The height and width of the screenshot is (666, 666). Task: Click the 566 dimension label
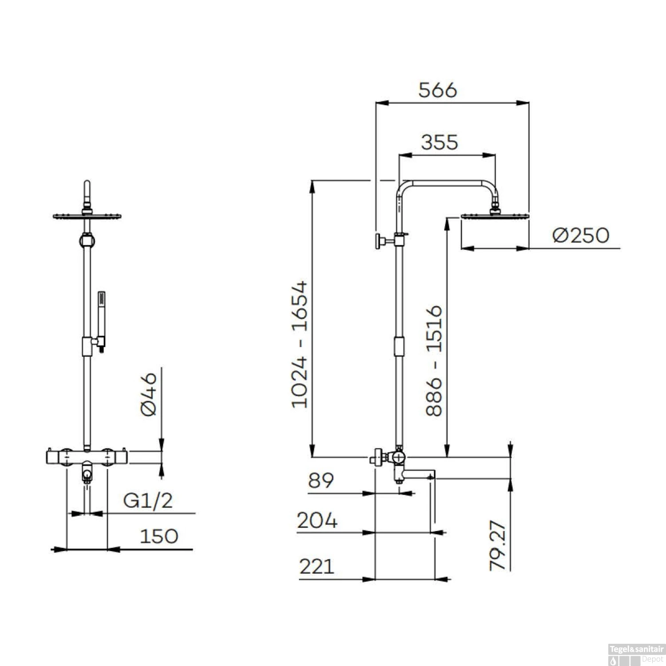pos(437,90)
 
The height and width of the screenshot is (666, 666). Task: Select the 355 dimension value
pos(439,143)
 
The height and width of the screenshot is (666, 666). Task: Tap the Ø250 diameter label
pos(581,235)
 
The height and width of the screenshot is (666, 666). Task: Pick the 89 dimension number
pos(321,480)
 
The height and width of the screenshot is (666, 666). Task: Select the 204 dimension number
pos(317,520)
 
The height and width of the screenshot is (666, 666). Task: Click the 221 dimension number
pos(317,567)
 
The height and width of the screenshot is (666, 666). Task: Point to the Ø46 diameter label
pos(149,394)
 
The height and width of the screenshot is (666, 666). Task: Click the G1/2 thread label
pos(147,501)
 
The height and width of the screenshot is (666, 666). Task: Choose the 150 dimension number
pos(159,536)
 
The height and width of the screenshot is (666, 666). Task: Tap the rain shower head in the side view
pos(495,216)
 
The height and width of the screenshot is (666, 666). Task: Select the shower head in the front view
pos(87,216)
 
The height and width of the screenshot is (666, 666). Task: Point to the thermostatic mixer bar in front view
pos(87,456)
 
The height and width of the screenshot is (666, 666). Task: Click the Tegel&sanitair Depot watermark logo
pos(636,654)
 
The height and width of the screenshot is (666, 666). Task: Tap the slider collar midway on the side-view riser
pos(400,346)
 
